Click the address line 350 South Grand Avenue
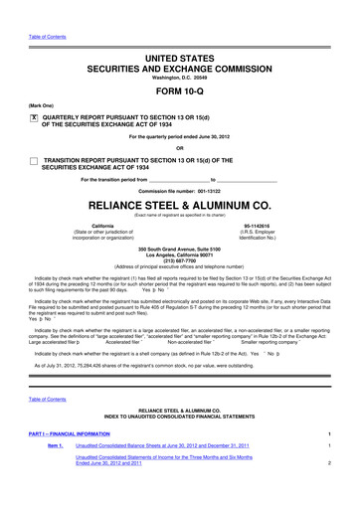click(x=180, y=246)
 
